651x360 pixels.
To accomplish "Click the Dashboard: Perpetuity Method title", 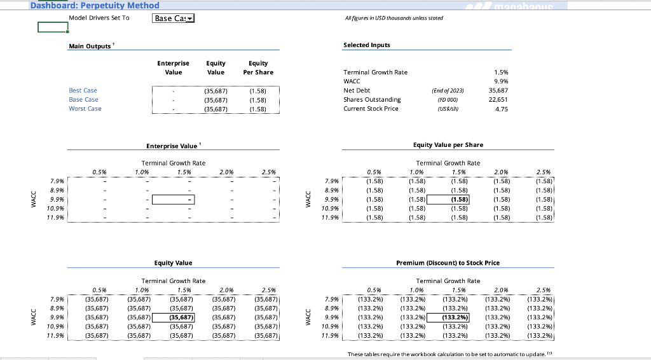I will coord(95,5).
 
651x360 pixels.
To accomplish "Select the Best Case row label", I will coord(83,90).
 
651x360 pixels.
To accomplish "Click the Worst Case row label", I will coord(85,109).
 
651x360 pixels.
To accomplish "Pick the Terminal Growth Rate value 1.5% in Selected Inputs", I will coord(500,73).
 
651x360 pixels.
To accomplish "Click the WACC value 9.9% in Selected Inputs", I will coord(500,81).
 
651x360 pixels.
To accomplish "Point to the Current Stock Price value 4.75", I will coord(500,109).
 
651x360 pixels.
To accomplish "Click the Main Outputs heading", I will coord(90,45).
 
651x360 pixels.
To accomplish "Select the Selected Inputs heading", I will coord(366,45).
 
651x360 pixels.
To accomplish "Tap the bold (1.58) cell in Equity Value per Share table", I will coord(448,199).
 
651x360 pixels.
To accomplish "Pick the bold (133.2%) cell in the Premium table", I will coord(448,317).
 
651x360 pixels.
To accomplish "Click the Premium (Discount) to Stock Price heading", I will coord(448,263).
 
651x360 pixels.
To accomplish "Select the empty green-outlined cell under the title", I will coord(53,27).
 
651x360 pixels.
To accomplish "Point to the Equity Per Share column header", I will coord(258,67).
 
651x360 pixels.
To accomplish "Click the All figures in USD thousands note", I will coord(393,18).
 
